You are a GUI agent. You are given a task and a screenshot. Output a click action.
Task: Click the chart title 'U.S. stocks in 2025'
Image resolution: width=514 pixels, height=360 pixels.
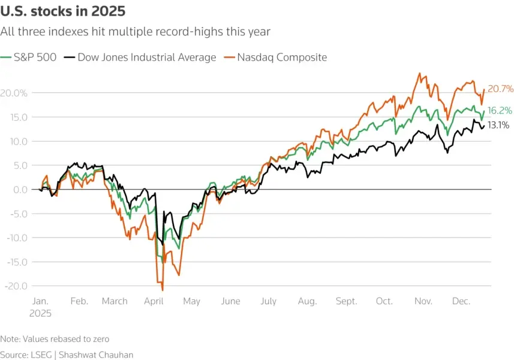(x=63, y=11)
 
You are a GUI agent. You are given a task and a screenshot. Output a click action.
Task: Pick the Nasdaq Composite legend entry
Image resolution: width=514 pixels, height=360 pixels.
(x=282, y=58)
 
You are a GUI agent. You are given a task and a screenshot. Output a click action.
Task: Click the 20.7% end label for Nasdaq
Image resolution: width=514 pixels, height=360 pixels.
(x=500, y=89)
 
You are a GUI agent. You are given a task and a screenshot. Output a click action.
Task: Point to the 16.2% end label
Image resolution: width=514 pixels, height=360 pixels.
(x=500, y=111)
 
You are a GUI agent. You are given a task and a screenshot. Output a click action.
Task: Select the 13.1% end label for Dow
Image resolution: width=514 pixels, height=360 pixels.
(x=498, y=125)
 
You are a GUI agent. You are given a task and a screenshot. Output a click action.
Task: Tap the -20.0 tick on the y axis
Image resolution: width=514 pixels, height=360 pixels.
(x=16, y=286)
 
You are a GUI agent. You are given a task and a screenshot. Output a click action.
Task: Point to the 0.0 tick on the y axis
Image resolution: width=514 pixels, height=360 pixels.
(x=19, y=190)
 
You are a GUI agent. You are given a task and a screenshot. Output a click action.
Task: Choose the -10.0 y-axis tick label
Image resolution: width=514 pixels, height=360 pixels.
(x=16, y=238)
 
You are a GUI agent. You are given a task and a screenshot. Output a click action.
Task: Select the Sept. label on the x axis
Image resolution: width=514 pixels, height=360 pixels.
(x=346, y=301)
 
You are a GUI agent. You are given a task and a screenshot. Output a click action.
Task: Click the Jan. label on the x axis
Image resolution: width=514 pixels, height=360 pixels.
(x=40, y=301)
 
